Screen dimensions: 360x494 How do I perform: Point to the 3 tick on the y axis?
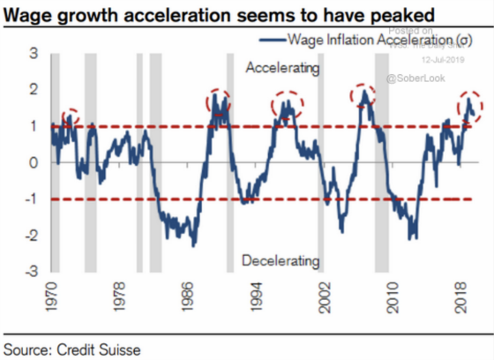[33, 54]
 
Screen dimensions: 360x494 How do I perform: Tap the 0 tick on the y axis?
[33, 162]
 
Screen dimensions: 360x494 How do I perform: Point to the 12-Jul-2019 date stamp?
[441, 61]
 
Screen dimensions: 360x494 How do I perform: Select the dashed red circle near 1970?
[68, 116]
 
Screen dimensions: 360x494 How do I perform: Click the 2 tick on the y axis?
[33, 90]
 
